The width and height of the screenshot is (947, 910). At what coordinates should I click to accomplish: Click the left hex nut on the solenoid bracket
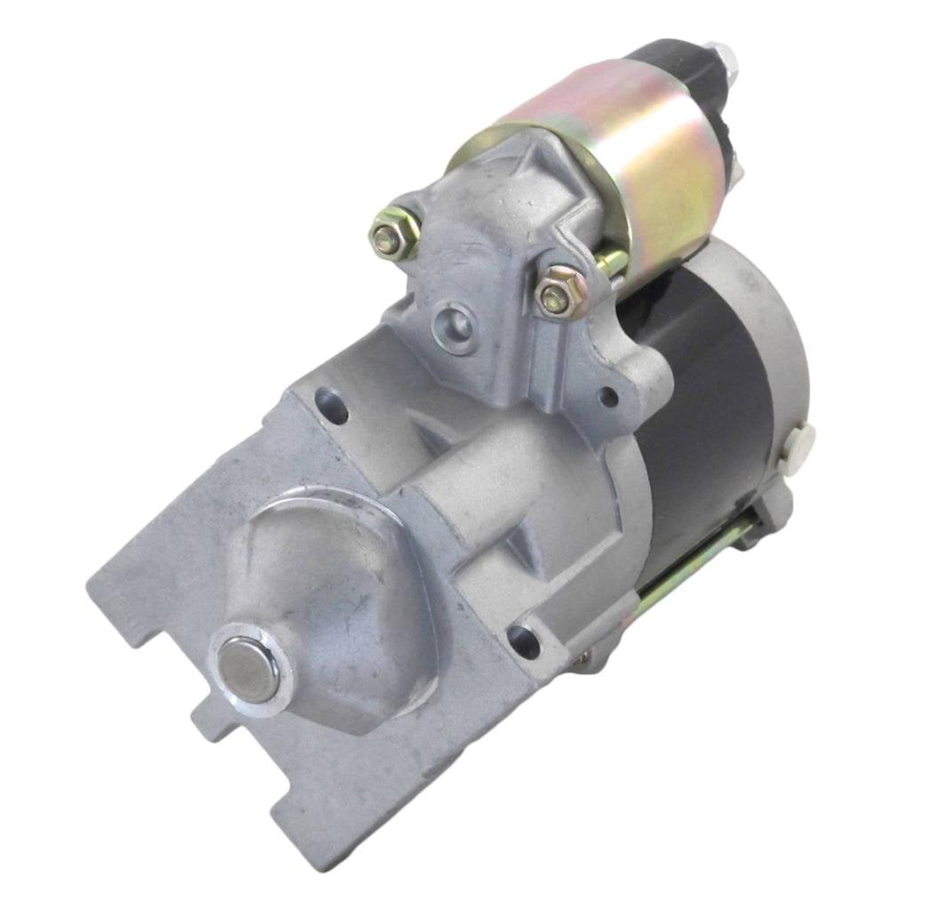[x=389, y=236]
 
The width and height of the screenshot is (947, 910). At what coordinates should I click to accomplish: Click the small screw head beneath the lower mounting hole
[x=582, y=659]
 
